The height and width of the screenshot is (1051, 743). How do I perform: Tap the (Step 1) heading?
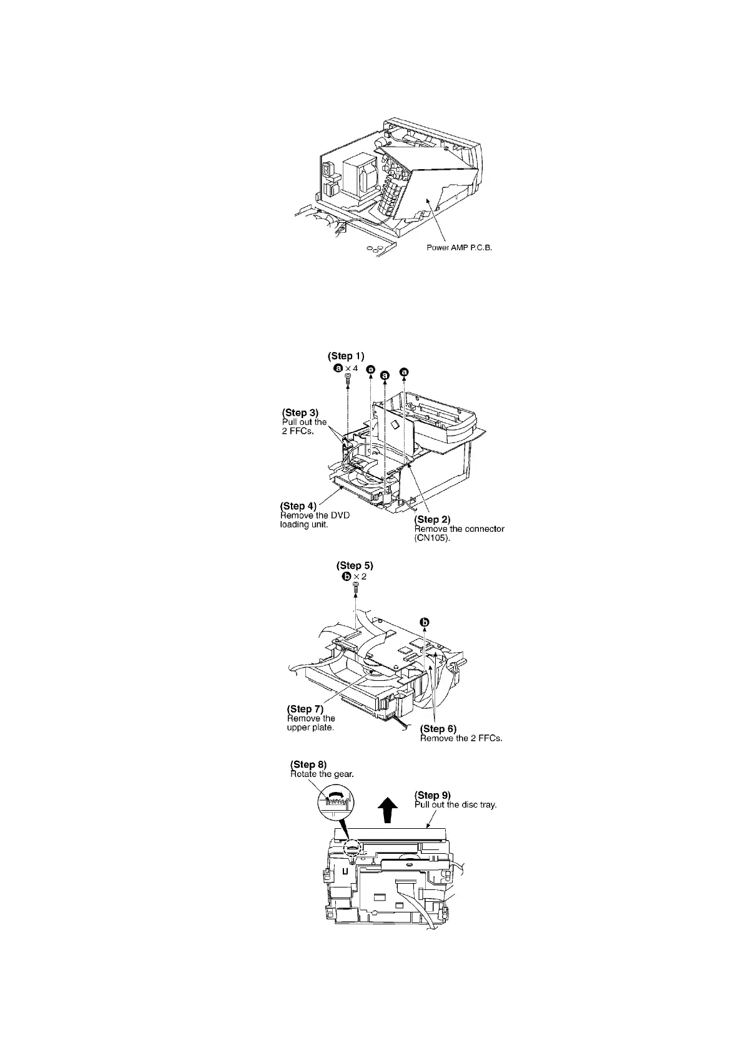point(346,356)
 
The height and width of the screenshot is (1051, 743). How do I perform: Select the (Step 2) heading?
point(433,519)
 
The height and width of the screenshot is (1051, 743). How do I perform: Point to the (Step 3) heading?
point(300,413)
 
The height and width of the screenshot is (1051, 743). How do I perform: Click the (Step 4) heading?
point(302,506)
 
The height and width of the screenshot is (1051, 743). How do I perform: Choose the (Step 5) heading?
point(355,565)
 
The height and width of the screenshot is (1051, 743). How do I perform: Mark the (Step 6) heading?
point(438,728)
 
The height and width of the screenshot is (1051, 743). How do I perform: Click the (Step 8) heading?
point(308,765)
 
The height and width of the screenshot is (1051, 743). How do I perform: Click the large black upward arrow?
point(388,812)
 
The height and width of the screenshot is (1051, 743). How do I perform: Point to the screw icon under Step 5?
point(355,588)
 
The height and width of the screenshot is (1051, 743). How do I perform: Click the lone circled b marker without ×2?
point(425,622)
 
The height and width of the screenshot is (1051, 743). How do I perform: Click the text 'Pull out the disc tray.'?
point(455,804)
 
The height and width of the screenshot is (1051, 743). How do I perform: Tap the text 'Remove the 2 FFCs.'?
point(461,738)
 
